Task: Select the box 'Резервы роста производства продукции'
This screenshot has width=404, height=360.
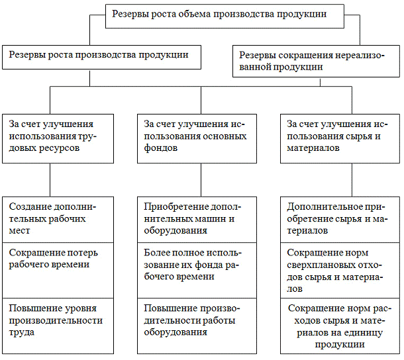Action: [105, 56]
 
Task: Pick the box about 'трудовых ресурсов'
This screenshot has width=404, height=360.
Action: [51, 137]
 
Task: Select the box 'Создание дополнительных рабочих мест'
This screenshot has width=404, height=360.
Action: [51, 219]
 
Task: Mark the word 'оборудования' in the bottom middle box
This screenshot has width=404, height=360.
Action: [176, 333]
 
